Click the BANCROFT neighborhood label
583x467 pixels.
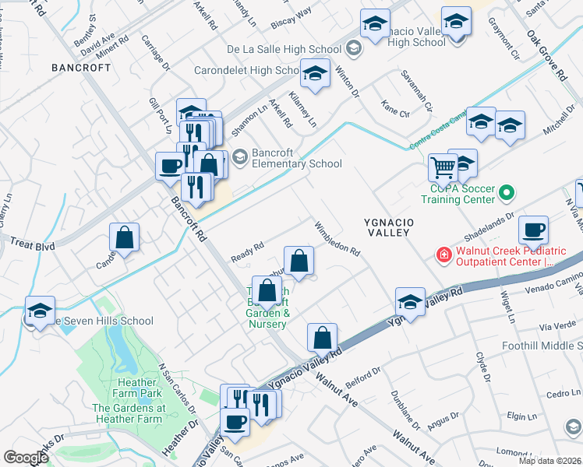[x=81, y=68]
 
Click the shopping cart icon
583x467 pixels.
[x=443, y=166]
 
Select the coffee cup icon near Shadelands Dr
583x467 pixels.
[x=534, y=230]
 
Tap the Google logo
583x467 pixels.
[x=26, y=458]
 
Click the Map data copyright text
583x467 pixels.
[x=549, y=461]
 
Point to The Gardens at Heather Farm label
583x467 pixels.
[x=129, y=413]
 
